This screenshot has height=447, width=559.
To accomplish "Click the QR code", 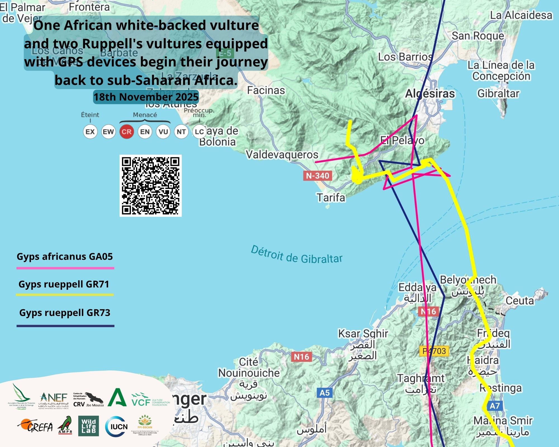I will (x=151, y=186).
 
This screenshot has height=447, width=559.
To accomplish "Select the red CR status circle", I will (x=127, y=132).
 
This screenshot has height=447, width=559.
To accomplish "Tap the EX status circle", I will (x=90, y=132).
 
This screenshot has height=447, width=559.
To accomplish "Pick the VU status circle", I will (x=163, y=132).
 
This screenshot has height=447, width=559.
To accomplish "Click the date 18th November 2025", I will (x=146, y=97).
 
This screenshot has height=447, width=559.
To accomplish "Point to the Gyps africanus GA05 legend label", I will (x=65, y=256).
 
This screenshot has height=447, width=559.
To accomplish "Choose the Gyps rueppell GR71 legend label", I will (x=64, y=284).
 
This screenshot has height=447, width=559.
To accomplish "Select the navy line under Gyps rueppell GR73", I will (x=65, y=326).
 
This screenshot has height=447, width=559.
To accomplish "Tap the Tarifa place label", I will (x=331, y=198).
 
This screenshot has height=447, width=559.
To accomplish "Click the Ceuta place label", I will (x=520, y=301).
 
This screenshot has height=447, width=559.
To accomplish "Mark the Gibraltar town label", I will (x=498, y=93).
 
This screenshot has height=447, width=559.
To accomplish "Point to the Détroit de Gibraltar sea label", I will (x=297, y=255).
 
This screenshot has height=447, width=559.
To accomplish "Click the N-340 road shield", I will (x=318, y=176).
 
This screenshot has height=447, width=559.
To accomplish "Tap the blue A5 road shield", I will (x=324, y=393).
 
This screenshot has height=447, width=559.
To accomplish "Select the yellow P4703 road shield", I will (x=434, y=351).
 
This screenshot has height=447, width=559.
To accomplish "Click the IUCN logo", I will (x=117, y=426).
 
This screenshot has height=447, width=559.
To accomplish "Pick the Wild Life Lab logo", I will (x=88, y=426).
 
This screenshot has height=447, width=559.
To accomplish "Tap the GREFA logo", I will (x=36, y=426).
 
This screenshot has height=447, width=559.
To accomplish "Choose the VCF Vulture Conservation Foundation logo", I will (x=150, y=400).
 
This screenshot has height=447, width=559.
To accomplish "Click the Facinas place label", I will (x=266, y=90).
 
